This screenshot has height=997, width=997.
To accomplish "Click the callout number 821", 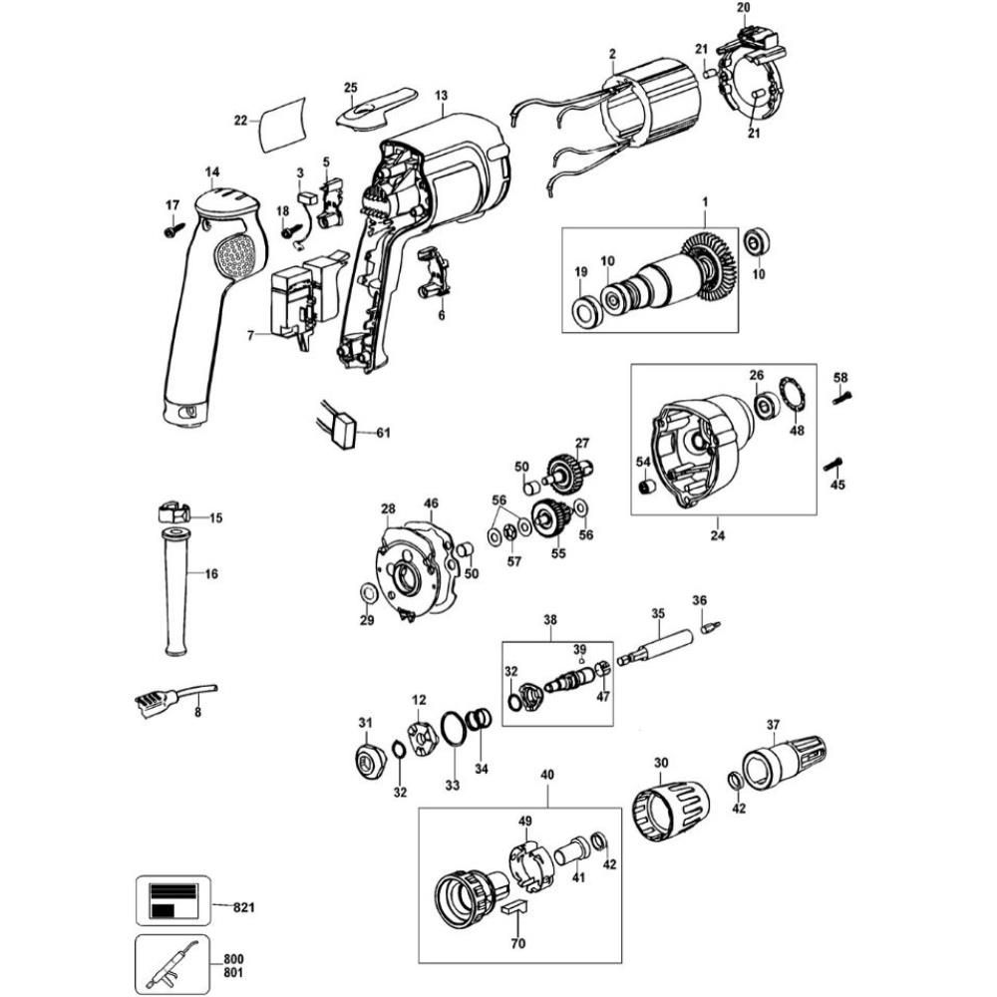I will (244, 906).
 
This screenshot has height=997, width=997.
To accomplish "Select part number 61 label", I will (384, 434).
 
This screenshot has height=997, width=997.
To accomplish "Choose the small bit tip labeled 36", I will (711, 627).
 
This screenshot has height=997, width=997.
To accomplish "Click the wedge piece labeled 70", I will (515, 906).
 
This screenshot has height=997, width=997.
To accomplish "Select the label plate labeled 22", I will (282, 125).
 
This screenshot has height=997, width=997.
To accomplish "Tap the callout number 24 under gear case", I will (718, 534).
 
